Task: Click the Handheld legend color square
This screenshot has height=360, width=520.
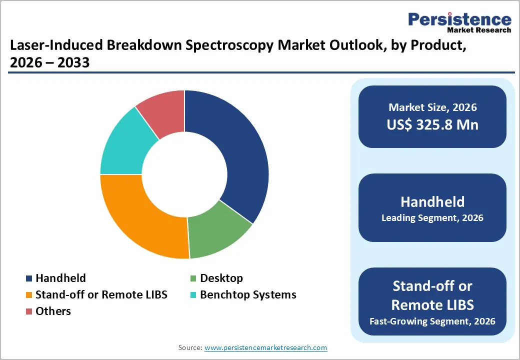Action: point(29,278)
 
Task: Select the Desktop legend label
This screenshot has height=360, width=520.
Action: point(221,278)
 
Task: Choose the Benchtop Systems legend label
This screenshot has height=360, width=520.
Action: point(248,295)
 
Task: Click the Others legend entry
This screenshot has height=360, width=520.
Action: point(53,311)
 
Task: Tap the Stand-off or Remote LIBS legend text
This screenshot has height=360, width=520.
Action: point(101,295)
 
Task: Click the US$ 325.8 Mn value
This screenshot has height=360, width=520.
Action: point(432,124)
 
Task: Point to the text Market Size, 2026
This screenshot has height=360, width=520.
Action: point(432,107)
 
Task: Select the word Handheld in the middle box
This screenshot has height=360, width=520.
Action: point(432,202)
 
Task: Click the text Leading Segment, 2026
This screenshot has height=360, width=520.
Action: point(432,218)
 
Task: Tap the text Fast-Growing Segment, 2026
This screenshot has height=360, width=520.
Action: point(432,320)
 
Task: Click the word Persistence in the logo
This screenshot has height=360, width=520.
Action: point(459,19)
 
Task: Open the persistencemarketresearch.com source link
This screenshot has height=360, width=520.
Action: point(265,347)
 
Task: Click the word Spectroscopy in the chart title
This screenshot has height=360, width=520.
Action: point(212,46)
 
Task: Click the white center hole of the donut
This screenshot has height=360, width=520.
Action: point(184,174)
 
